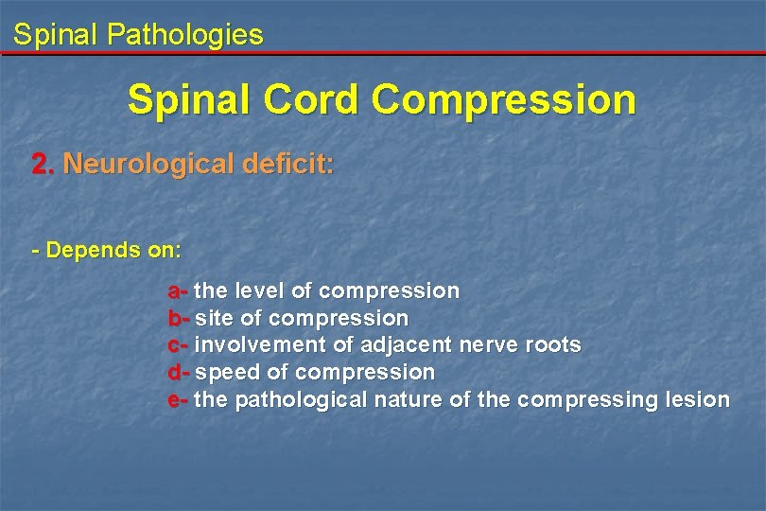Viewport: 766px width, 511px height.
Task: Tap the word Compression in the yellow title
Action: coord(504,99)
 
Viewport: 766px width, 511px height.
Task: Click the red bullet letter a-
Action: coord(179,291)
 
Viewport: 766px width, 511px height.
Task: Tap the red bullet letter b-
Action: coord(179,318)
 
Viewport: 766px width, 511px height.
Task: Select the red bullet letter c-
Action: coord(179,344)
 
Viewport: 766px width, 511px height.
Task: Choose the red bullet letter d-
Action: coord(179,372)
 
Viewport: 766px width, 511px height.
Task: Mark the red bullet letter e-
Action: coord(179,399)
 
